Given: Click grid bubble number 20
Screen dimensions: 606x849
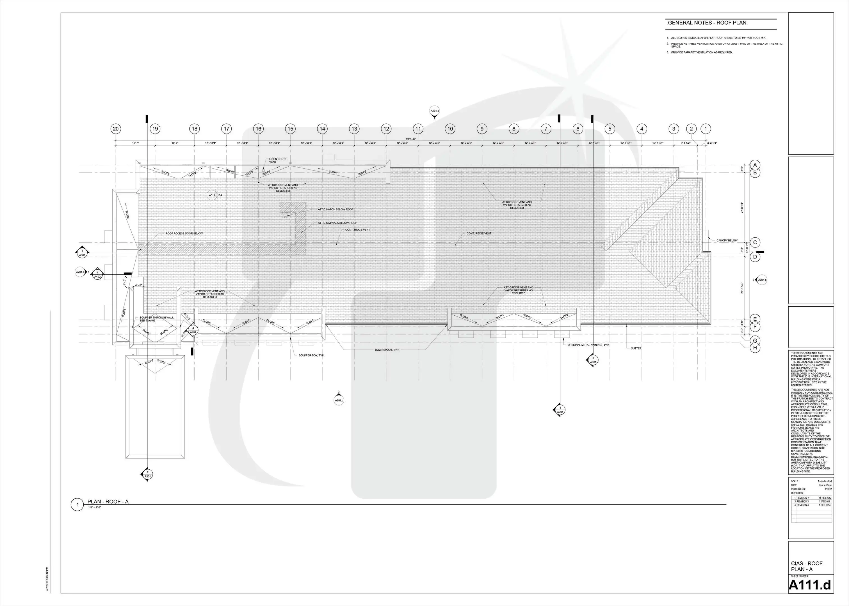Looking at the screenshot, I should (116, 129).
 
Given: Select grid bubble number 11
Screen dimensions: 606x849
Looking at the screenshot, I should (418, 129).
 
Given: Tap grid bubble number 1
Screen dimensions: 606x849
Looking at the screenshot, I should (706, 129).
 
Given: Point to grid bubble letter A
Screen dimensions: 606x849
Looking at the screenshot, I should (755, 165).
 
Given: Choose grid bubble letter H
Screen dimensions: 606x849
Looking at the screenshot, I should (755, 348).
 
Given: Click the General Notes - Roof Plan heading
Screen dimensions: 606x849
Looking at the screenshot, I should (708, 23).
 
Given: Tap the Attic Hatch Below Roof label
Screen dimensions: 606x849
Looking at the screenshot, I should (335, 209).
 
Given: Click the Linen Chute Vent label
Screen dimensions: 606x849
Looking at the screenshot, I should (278, 160).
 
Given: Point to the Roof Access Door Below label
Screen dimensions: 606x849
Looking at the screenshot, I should (184, 234).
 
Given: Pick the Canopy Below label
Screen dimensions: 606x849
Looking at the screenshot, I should (727, 241).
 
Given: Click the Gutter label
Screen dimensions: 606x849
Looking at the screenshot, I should (636, 348).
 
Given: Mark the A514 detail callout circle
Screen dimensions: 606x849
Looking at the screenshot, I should (212, 195).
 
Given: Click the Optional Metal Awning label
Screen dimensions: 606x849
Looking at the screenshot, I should (588, 345).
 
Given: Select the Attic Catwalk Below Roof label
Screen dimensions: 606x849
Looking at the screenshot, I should (337, 223).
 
